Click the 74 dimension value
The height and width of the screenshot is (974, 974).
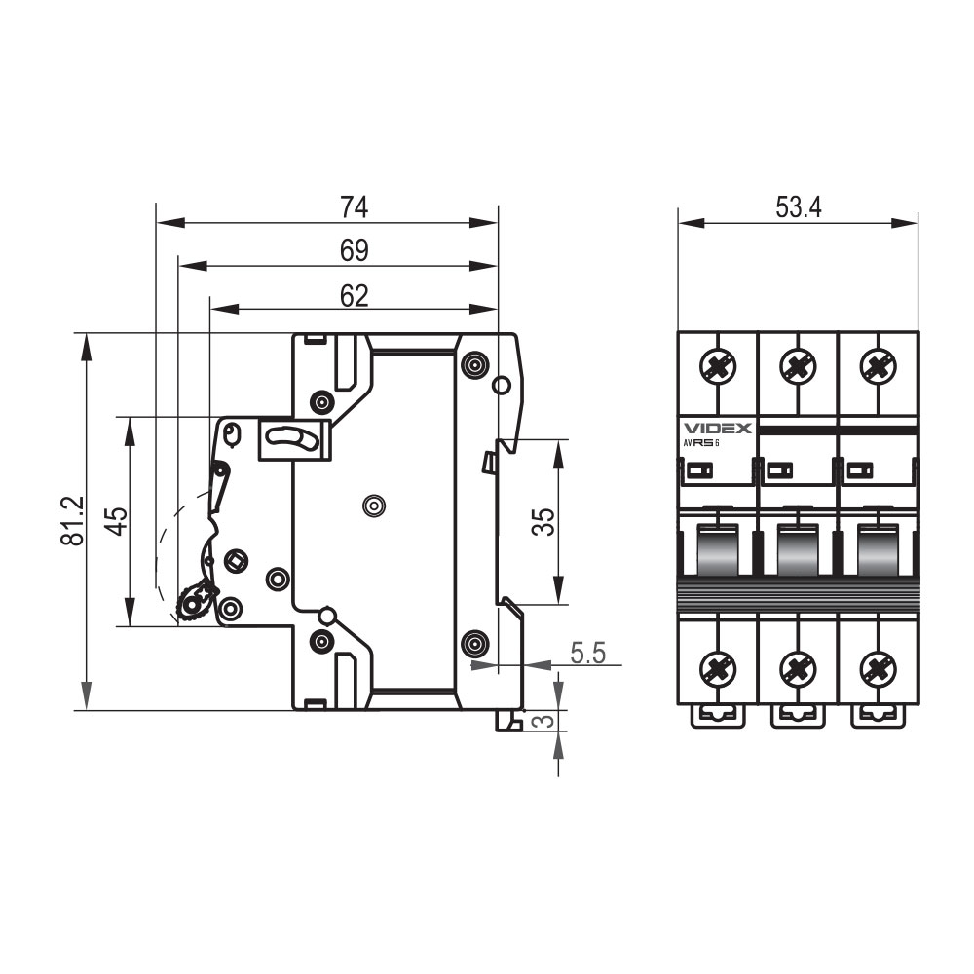click(x=355, y=207)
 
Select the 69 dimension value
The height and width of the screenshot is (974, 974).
click(x=355, y=251)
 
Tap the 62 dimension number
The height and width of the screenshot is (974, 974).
click(x=355, y=296)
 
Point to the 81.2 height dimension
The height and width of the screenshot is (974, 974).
click(x=73, y=520)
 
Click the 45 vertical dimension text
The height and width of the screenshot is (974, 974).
click(x=116, y=521)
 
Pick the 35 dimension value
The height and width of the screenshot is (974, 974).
click(x=543, y=522)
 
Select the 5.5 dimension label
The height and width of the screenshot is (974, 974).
click(x=587, y=653)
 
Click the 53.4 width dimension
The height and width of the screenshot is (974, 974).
click(x=799, y=207)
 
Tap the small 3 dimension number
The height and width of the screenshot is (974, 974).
click(x=543, y=721)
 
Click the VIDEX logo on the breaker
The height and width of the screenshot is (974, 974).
click(x=718, y=428)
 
